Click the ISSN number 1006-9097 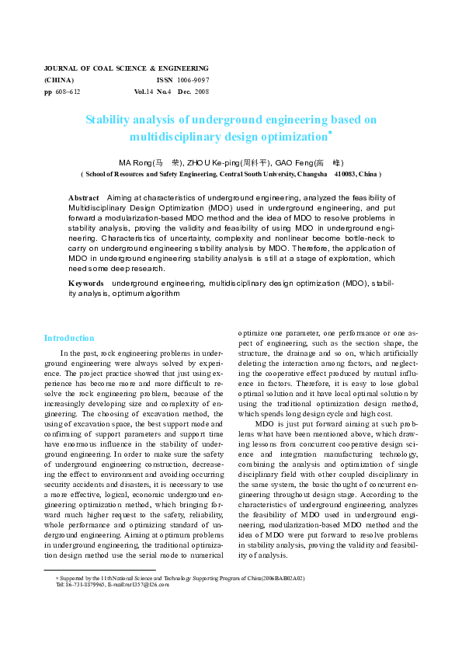click(193, 80)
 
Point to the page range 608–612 click(68, 92)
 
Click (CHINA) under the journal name click(60, 80)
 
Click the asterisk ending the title click(330, 133)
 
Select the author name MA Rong click(131, 163)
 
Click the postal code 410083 click(345, 175)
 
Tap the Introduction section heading click(69, 338)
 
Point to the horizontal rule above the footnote click(100, 571)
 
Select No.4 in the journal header click(164, 92)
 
